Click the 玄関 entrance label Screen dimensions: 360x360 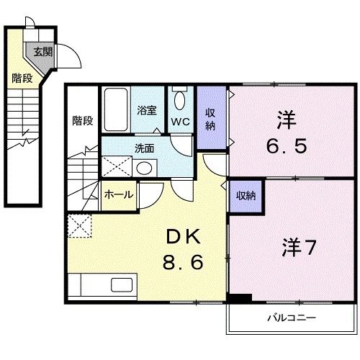point(42,51)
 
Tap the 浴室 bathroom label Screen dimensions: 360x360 point(147,112)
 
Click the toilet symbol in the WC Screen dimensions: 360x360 point(180,99)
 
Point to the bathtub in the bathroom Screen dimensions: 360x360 point(114,109)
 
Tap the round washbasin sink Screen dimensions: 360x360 point(144,169)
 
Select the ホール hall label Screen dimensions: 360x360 point(118,194)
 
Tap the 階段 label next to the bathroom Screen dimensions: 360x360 point(82,121)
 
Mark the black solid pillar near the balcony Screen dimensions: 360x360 point(239,298)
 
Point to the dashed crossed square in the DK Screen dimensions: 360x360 point(80,226)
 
